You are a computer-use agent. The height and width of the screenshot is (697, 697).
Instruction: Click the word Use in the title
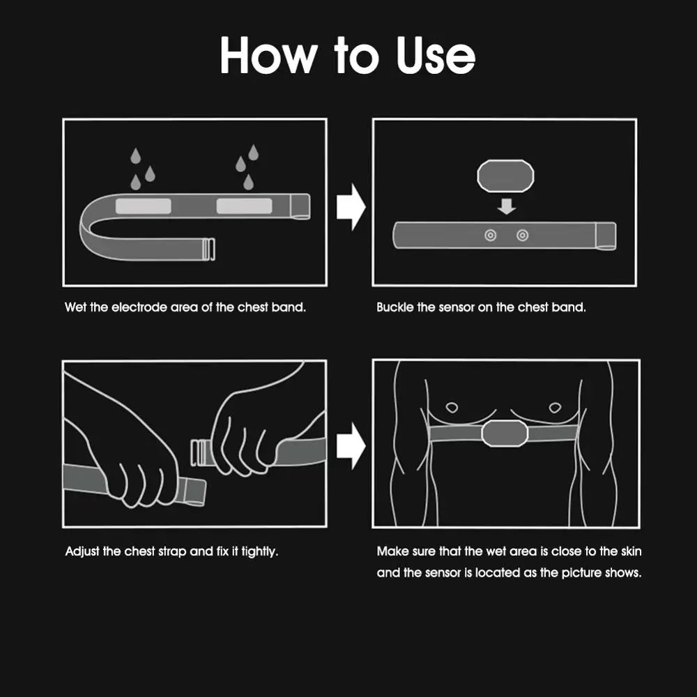436,56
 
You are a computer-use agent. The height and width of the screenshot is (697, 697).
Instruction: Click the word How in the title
268,55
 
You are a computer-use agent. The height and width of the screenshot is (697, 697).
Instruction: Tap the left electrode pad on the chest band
143,206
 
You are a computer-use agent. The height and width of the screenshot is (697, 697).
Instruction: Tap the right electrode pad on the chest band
244,206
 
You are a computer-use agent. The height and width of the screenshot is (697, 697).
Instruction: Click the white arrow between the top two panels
351,207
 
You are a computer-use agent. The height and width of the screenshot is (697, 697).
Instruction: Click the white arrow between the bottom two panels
351,446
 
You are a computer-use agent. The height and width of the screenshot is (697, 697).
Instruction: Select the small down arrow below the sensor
506,206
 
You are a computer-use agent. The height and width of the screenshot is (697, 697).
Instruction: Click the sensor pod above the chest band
505,176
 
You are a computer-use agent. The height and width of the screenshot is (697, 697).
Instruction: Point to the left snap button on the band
490,235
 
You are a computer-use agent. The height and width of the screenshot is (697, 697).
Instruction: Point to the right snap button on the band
522,235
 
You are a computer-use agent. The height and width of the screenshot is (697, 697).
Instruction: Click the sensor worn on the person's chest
505,434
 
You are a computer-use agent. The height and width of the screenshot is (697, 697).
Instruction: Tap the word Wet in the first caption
75,307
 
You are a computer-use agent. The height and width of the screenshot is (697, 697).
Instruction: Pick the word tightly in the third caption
259,551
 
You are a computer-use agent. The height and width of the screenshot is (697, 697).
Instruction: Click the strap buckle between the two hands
201,452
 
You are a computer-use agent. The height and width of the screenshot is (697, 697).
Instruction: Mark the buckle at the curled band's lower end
208,249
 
